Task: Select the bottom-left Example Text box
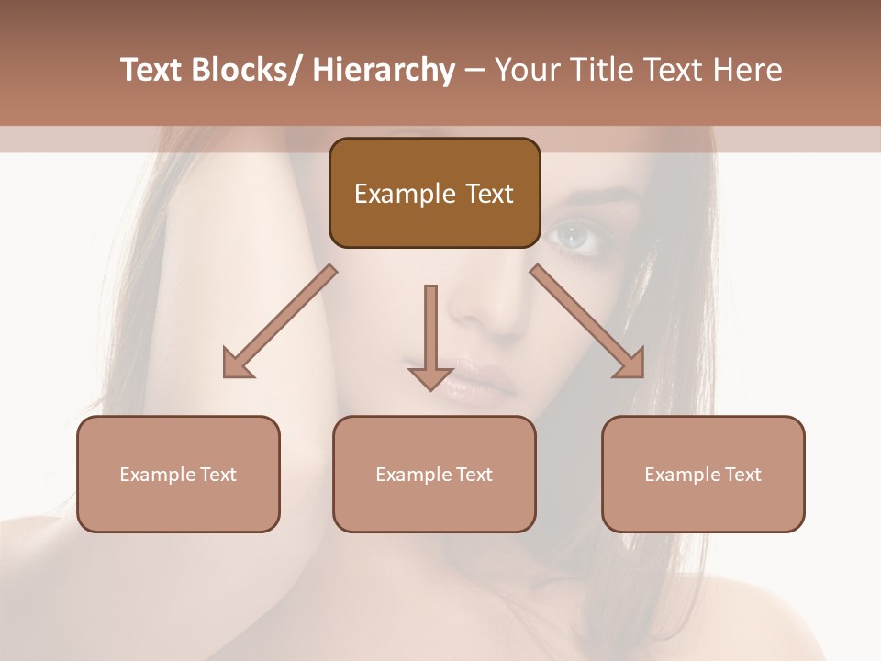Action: [x=178, y=475]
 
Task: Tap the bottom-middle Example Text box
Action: [x=434, y=475]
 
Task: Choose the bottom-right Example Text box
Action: [x=703, y=475]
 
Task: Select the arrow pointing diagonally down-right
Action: [x=587, y=321]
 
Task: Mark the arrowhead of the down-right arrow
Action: [x=630, y=363]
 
